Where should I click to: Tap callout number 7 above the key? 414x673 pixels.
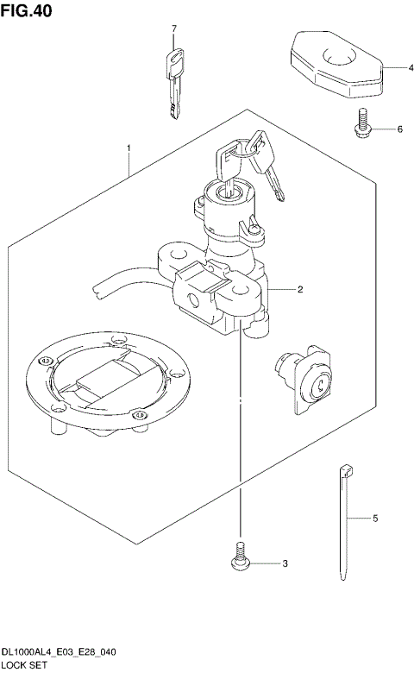click(x=173, y=29)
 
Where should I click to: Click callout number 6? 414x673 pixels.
click(x=400, y=129)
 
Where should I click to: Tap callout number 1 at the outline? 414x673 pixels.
click(x=129, y=148)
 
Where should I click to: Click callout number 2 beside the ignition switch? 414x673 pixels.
click(x=299, y=290)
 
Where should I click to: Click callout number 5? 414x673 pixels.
click(x=375, y=519)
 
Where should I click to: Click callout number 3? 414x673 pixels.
click(x=285, y=565)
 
